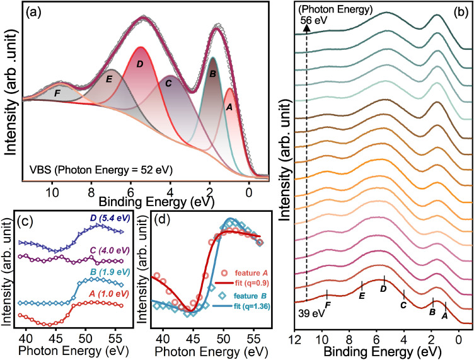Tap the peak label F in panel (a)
pyautogui.click(x=57, y=93)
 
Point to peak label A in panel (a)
pyautogui.click(x=229, y=107)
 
